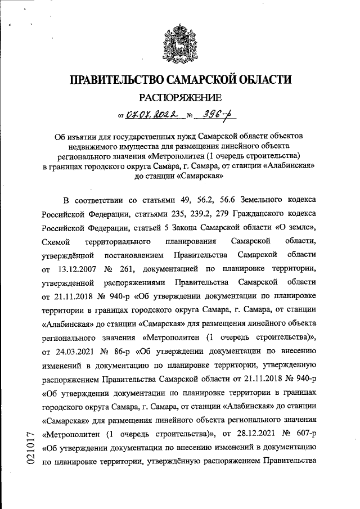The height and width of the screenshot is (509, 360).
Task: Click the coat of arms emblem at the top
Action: (180, 44)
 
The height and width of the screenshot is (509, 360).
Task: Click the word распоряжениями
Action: (134, 282)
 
